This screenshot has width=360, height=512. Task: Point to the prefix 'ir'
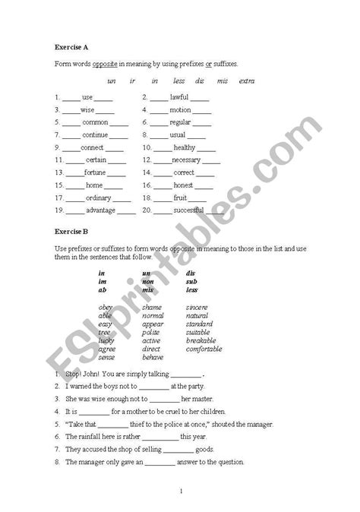point(133,81)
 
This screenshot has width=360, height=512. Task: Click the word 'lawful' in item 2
point(179,97)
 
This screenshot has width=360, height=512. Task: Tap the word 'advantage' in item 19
point(101,210)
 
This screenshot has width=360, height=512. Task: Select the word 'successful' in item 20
point(188,210)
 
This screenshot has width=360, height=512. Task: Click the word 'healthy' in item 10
point(184,147)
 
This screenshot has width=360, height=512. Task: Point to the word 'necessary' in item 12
point(187,160)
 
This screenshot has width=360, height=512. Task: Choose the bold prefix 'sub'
point(191,281)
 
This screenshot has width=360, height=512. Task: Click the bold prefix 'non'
point(148,281)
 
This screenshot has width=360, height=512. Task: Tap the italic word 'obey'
point(106,307)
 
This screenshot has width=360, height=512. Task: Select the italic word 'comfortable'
point(204,349)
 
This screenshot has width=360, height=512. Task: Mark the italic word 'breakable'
point(201,340)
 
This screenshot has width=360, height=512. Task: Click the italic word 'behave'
point(153,357)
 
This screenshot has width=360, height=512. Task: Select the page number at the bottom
point(182,491)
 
